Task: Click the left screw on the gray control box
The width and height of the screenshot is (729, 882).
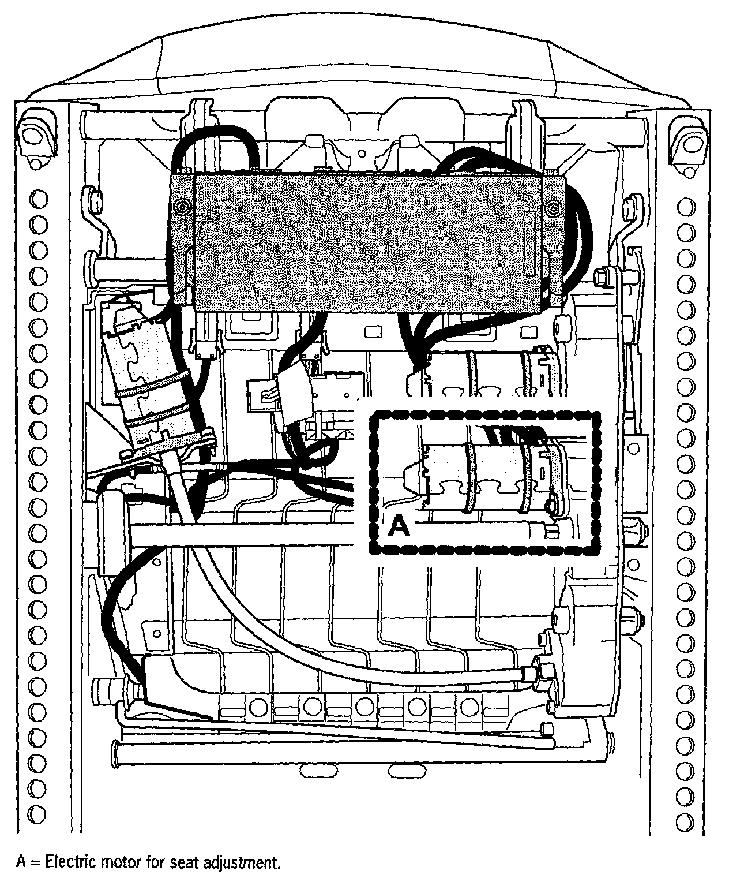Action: (183, 207)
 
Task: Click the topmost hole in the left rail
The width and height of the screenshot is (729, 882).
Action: (39, 200)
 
